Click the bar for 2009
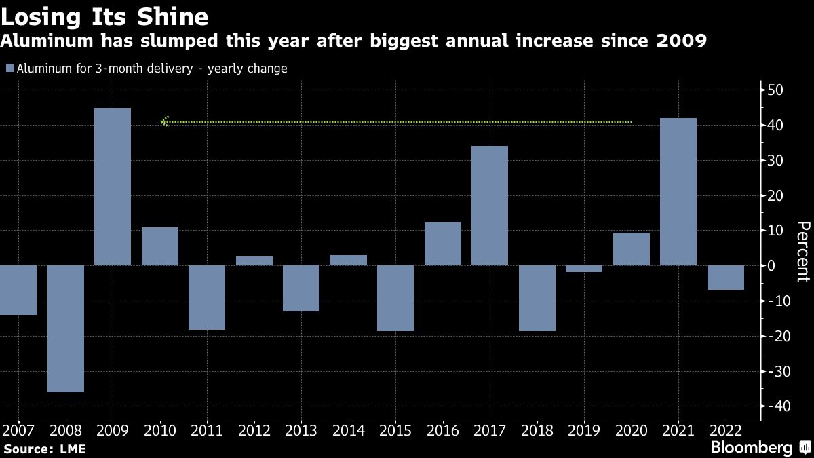(x=113, y=187)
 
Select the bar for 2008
(x=65, y=328)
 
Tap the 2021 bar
(x=678, y=191)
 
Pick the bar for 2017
(x=490, y=206)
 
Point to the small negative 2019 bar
(x=584, y=269)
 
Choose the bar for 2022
(x=726, y=278)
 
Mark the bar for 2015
(x=395, y=298)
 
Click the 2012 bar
(x=254, y=261)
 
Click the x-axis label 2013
(x=301, y=430)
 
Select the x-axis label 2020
(x=632, y=430)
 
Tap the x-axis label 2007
(x=18, y=430)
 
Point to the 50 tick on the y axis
(x=775, y=90)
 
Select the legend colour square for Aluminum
(x=9, y=69)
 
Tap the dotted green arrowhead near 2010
(x=164, y=121)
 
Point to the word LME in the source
(x=73, y=449)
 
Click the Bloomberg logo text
(x=751, y=448)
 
